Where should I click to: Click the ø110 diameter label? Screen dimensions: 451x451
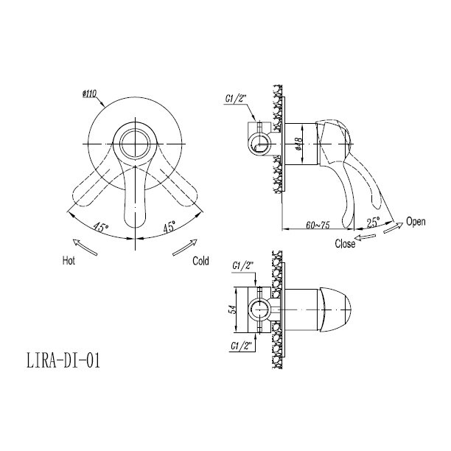[89, 94]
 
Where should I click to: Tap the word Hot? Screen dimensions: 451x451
[69, 261]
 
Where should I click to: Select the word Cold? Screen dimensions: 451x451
[200, 261]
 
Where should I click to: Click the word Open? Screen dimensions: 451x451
[416, 222]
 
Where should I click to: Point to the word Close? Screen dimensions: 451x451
[345, 244]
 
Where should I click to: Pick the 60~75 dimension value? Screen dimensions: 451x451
[318, 225]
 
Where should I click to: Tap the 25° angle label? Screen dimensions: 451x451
[373, 222]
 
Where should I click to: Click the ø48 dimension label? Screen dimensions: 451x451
[299, 144]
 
